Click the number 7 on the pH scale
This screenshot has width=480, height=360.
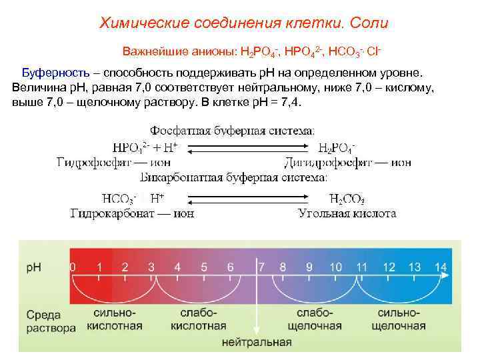point(261,267)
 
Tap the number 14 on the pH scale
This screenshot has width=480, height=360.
point(441,267)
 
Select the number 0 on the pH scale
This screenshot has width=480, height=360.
point(73,267)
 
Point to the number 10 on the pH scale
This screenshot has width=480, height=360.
point(335,267)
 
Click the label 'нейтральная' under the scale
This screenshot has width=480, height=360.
point(257,343)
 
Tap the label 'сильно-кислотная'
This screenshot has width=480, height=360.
point(113,319)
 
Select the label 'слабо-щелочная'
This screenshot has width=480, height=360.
point(315,319)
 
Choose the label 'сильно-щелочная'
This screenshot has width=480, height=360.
point(398,319)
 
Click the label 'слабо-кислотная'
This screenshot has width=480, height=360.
point(199,319)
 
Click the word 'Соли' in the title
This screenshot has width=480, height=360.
point(368,24)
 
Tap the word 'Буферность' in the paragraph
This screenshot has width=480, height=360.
point(54,71)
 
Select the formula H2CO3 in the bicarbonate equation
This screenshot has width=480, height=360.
point(347,198)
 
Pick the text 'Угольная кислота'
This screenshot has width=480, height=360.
point(347,213)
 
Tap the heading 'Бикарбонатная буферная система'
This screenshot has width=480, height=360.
point(233,179)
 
